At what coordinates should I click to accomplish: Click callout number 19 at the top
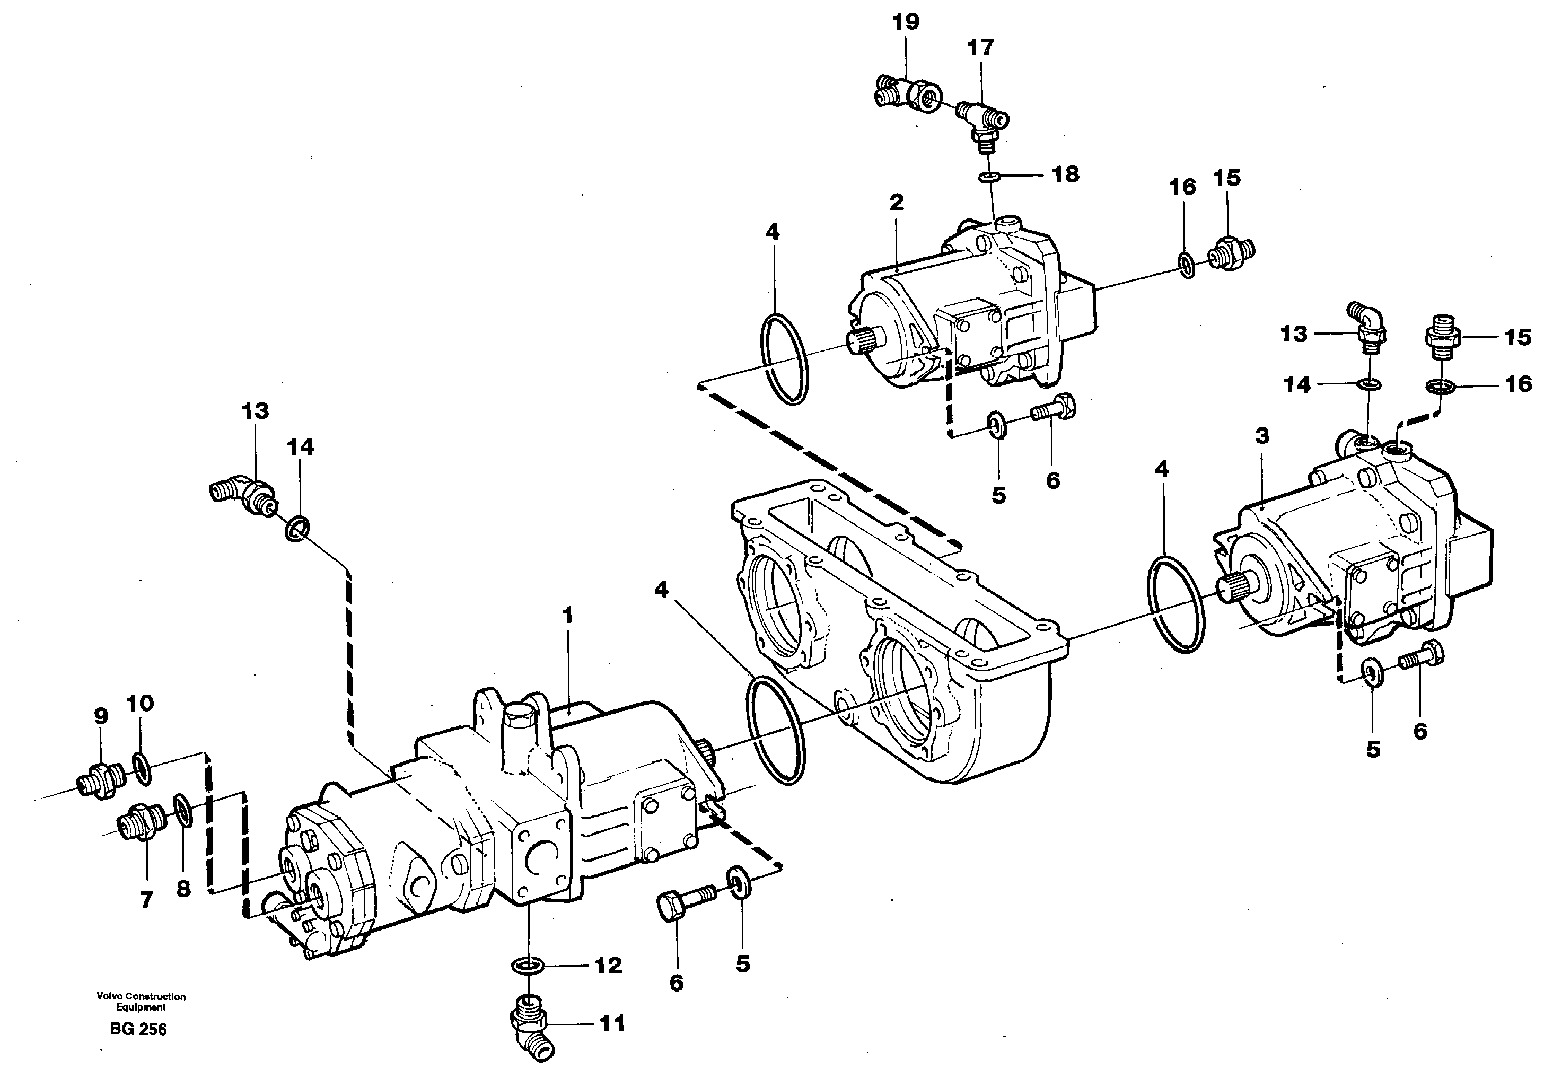point(905,22)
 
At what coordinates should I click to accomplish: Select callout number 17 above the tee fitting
point(980,48)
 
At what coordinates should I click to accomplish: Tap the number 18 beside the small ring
point(1065,175)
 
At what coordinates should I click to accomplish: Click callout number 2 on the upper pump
point(897,203)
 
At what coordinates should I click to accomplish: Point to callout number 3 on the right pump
point(1262,436)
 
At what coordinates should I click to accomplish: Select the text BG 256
point(138,1029)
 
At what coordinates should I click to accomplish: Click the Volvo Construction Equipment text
point(141,1002)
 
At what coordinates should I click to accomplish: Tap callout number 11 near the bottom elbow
point(611,1024)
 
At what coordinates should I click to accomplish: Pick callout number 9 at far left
point(101,716)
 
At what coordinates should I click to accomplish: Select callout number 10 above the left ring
point(141,703)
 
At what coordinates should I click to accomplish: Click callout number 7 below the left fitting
point(146,899)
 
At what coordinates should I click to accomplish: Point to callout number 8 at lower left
point(183,889)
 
